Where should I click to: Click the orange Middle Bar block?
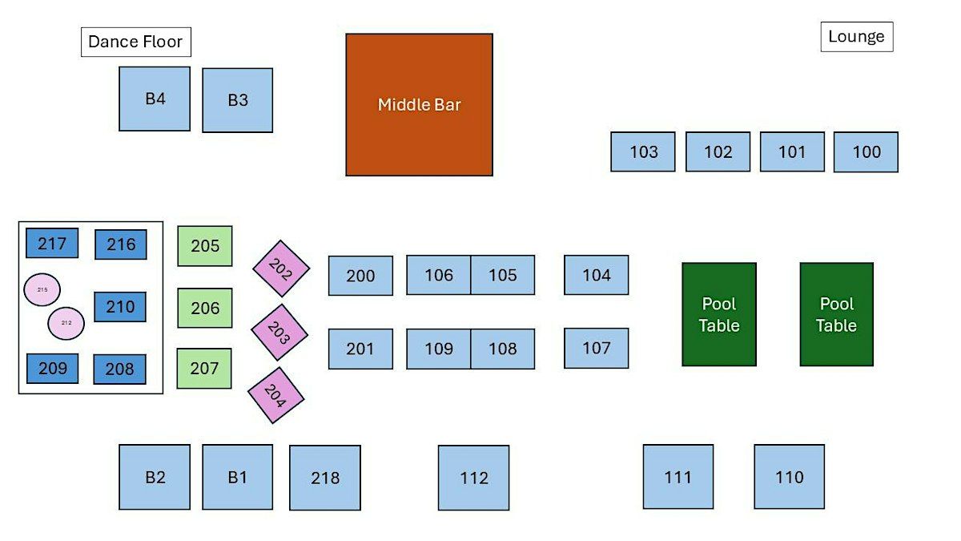point(419,105)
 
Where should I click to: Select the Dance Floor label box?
point(136,42)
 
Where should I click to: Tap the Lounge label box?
point(857,37)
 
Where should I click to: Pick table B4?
point(155,99)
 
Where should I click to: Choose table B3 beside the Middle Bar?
point(237,100)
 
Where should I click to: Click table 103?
point(642,151)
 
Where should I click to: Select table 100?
point(866,152)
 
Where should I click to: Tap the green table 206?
point(205,308)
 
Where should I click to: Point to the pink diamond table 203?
point(279,333)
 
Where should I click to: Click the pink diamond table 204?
point(275,395)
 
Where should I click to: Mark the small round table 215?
point(42,290)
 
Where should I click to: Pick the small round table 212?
point(66,323)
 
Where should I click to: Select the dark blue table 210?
point(120,307)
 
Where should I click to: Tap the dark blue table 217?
point(52,243)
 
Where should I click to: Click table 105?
point(503,275)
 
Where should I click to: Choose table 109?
point(439,349)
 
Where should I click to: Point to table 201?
point(360,349)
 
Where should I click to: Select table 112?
point(473,478)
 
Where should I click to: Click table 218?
point(325,478)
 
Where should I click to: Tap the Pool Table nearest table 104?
point(719,314)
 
